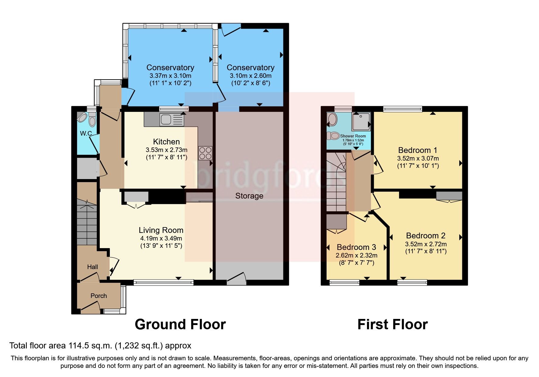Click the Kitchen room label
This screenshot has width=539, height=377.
166,142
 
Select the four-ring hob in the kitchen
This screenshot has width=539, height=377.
205,153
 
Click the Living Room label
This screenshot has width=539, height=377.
161,230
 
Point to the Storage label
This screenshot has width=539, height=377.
249,196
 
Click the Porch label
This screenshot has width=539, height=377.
99,296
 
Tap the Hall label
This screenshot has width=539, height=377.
93,267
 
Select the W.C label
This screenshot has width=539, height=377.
86,133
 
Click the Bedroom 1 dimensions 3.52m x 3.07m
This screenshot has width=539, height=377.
418,158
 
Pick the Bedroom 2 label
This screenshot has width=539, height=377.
425,236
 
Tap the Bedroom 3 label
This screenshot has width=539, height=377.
356,247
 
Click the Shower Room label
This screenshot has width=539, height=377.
353,136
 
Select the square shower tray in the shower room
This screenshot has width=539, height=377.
361,121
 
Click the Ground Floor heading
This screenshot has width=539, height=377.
180,324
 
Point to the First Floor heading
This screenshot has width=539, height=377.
392,324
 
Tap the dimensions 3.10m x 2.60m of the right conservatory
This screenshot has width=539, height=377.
250,76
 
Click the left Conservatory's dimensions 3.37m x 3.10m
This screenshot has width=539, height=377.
170,76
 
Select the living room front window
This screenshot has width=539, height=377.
163,282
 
